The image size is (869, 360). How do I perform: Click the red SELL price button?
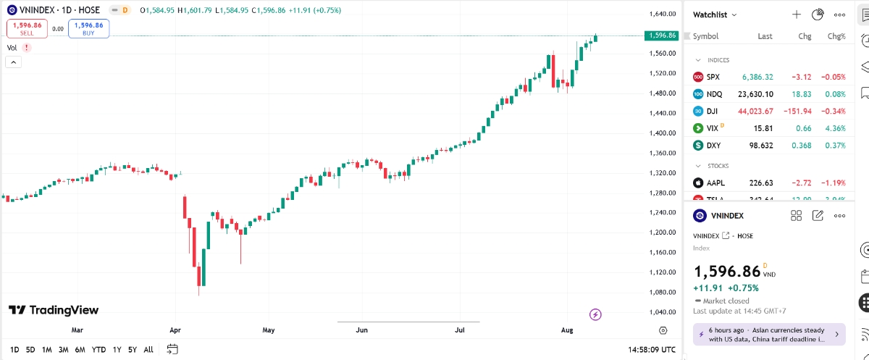point(27,28)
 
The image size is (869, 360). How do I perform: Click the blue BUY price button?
point(89,28)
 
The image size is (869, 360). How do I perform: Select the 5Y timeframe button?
point(132,349)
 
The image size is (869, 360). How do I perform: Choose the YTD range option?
point(98,349)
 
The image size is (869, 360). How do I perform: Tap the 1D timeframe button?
point(14,349)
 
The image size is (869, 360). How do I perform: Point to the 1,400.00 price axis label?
point(662,133)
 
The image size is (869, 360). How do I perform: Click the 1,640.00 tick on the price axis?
point(662,14)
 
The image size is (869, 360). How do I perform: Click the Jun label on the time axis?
point(362,330)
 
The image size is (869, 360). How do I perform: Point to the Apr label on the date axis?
point(175,330)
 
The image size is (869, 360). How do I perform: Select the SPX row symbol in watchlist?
point(713,77)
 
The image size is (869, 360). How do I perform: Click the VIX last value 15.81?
point(763,128)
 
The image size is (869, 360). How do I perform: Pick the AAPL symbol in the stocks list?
point(716,183)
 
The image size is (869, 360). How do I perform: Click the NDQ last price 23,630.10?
point(755,94)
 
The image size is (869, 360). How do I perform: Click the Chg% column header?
point(836,36)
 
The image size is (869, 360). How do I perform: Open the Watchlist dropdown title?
point(715,14)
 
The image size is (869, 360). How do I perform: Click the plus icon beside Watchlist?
point(797,14)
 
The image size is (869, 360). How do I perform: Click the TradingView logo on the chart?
point(53,310)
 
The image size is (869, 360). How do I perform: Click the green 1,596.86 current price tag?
point(662,35)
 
